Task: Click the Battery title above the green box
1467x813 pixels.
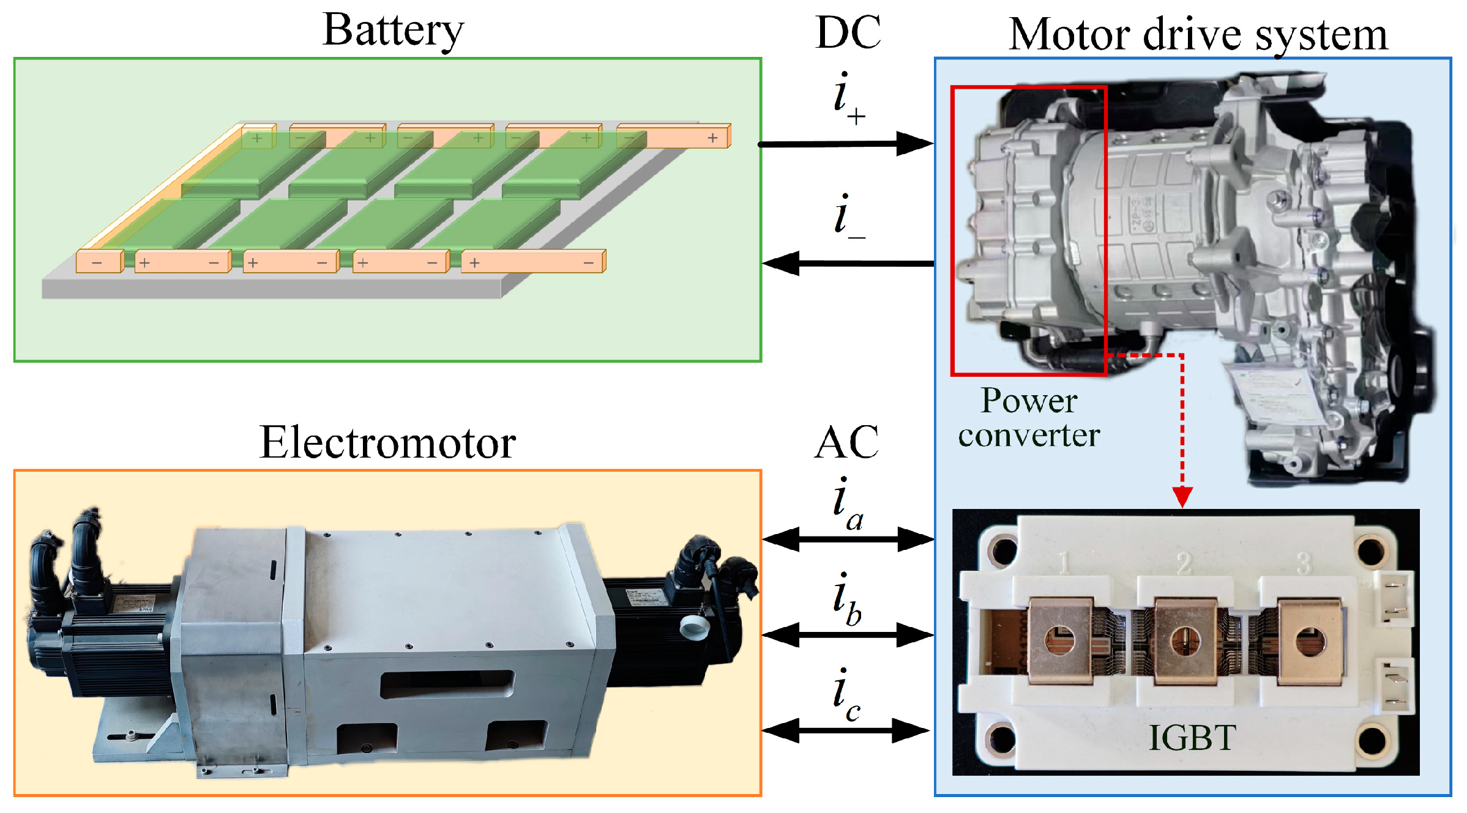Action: pyautogui.click(x=393, y=31)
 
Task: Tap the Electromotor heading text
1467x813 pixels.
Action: pyautogui.click(x=387, y=443)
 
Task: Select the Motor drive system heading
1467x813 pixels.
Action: pyautogui.click(x=1198, y=35)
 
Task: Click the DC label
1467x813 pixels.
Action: pyautogui.click(x=848, y=32)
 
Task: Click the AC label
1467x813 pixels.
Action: pyautogui.click(x=847, y=442)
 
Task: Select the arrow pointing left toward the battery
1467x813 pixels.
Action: pyautogui.click(x=847, y=264)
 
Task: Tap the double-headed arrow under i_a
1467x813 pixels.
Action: pyautogui.click(x=848, y=539)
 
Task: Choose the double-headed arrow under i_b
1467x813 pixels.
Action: pyautogui.click(x=848, y=635)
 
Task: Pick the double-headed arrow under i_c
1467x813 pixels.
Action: pyautogui.click(x=846, y=730)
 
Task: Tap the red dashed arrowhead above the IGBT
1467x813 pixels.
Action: pyautogui.click(x=1182, y=496)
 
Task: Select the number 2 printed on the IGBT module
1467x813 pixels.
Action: pyautogui.click(x=1184, y=563)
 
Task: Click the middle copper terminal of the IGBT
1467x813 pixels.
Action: pyautogui.click(x=1185, y=641)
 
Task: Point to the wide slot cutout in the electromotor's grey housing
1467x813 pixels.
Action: pyautogui.click(x=447, y=684)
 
